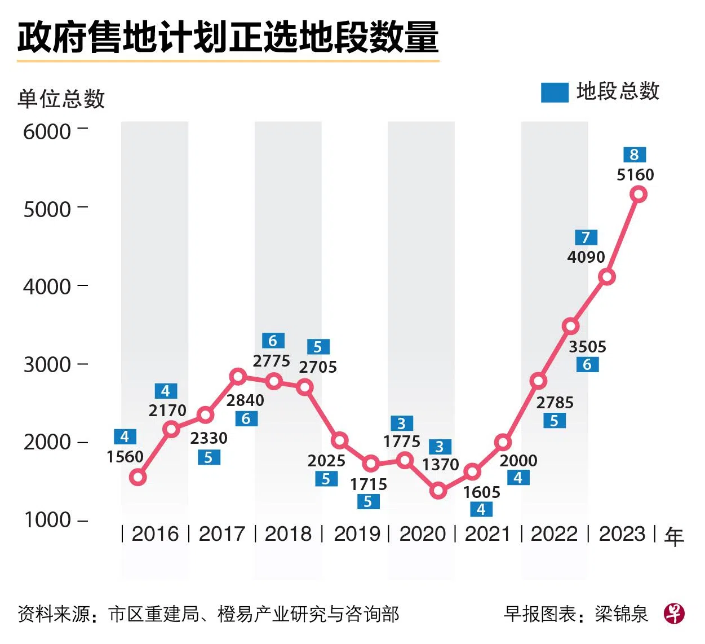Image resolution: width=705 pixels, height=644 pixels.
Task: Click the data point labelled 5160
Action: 639,195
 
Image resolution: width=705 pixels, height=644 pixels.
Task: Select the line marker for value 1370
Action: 438,491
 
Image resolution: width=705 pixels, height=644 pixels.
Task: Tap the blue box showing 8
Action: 635,155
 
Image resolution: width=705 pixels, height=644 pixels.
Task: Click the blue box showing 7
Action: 586,237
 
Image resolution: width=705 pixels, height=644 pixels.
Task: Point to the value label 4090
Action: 586,257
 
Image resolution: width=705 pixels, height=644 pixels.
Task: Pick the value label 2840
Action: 245,400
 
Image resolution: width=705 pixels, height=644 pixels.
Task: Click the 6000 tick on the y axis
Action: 47,132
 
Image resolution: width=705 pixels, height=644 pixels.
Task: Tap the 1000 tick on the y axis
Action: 47,520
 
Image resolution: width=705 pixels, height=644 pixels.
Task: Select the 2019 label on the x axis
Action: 357,533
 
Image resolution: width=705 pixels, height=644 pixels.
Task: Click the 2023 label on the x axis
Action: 622,533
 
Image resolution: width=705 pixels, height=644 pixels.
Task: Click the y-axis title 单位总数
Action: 61,99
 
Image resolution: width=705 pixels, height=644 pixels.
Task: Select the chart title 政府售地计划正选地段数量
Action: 228,38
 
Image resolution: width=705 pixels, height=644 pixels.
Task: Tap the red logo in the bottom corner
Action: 674,613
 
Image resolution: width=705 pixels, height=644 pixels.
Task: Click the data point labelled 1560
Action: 138,478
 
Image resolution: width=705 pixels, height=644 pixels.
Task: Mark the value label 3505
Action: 587,347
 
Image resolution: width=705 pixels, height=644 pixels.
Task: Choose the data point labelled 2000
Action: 503,443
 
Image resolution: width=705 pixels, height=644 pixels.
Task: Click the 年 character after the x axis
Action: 674,536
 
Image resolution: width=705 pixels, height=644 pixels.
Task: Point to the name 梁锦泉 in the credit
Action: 622,614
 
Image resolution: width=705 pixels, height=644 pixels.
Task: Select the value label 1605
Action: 481,492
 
